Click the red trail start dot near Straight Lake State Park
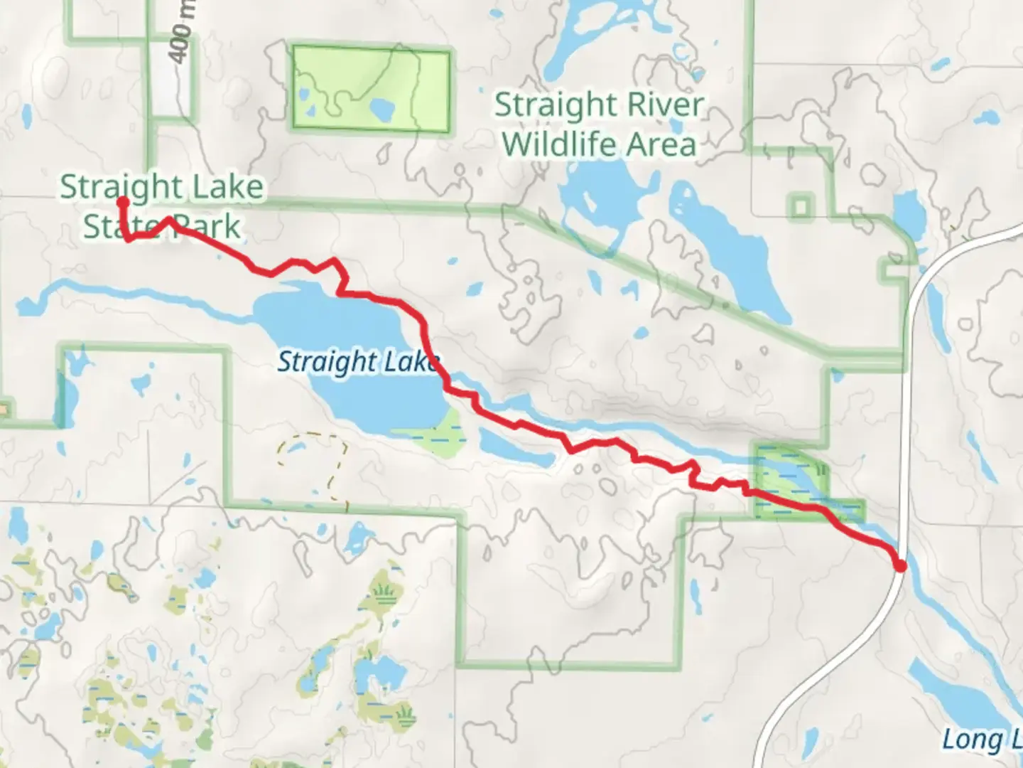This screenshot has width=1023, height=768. (122, 202)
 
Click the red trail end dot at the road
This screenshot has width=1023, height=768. (901, 566)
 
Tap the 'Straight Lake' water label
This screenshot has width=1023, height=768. (357, 362)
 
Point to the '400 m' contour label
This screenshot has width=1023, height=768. (181, 32)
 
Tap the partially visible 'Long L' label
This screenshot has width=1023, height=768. (980, 740)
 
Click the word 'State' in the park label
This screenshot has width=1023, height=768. (114, 226)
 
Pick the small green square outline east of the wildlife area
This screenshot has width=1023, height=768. (801, 207)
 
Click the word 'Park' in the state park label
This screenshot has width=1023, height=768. (210, 226)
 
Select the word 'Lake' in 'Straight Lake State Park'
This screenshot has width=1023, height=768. (231, 187)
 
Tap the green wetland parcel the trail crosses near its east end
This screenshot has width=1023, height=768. (789, 480)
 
